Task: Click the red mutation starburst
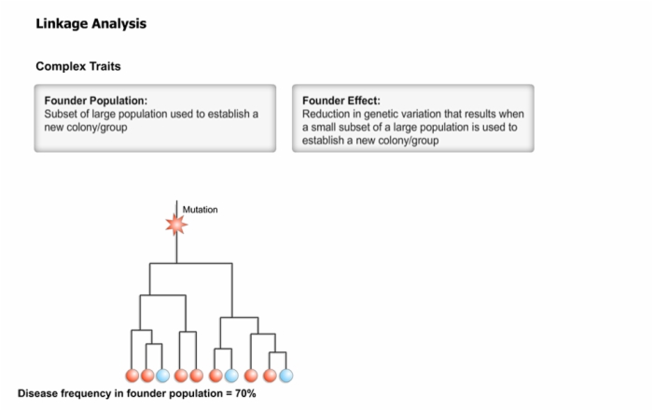[x=176, y=225]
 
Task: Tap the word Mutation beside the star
[x=200, y=210]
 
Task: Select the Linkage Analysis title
[x=91, y=23]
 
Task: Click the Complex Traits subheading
[x=78, y=66]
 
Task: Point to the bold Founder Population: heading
[x=96, y=101]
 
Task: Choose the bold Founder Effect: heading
[x=341, y=101]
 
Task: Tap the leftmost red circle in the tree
[x=132, y=376]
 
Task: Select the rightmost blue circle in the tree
[x=285, y=376]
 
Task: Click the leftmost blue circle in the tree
[x=162, y=376]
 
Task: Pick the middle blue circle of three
[x=231, y=376]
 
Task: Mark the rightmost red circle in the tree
[x=270, y=376]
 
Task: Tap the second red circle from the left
[x=147, y=376]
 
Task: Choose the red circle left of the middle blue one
[x=215, y=376]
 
